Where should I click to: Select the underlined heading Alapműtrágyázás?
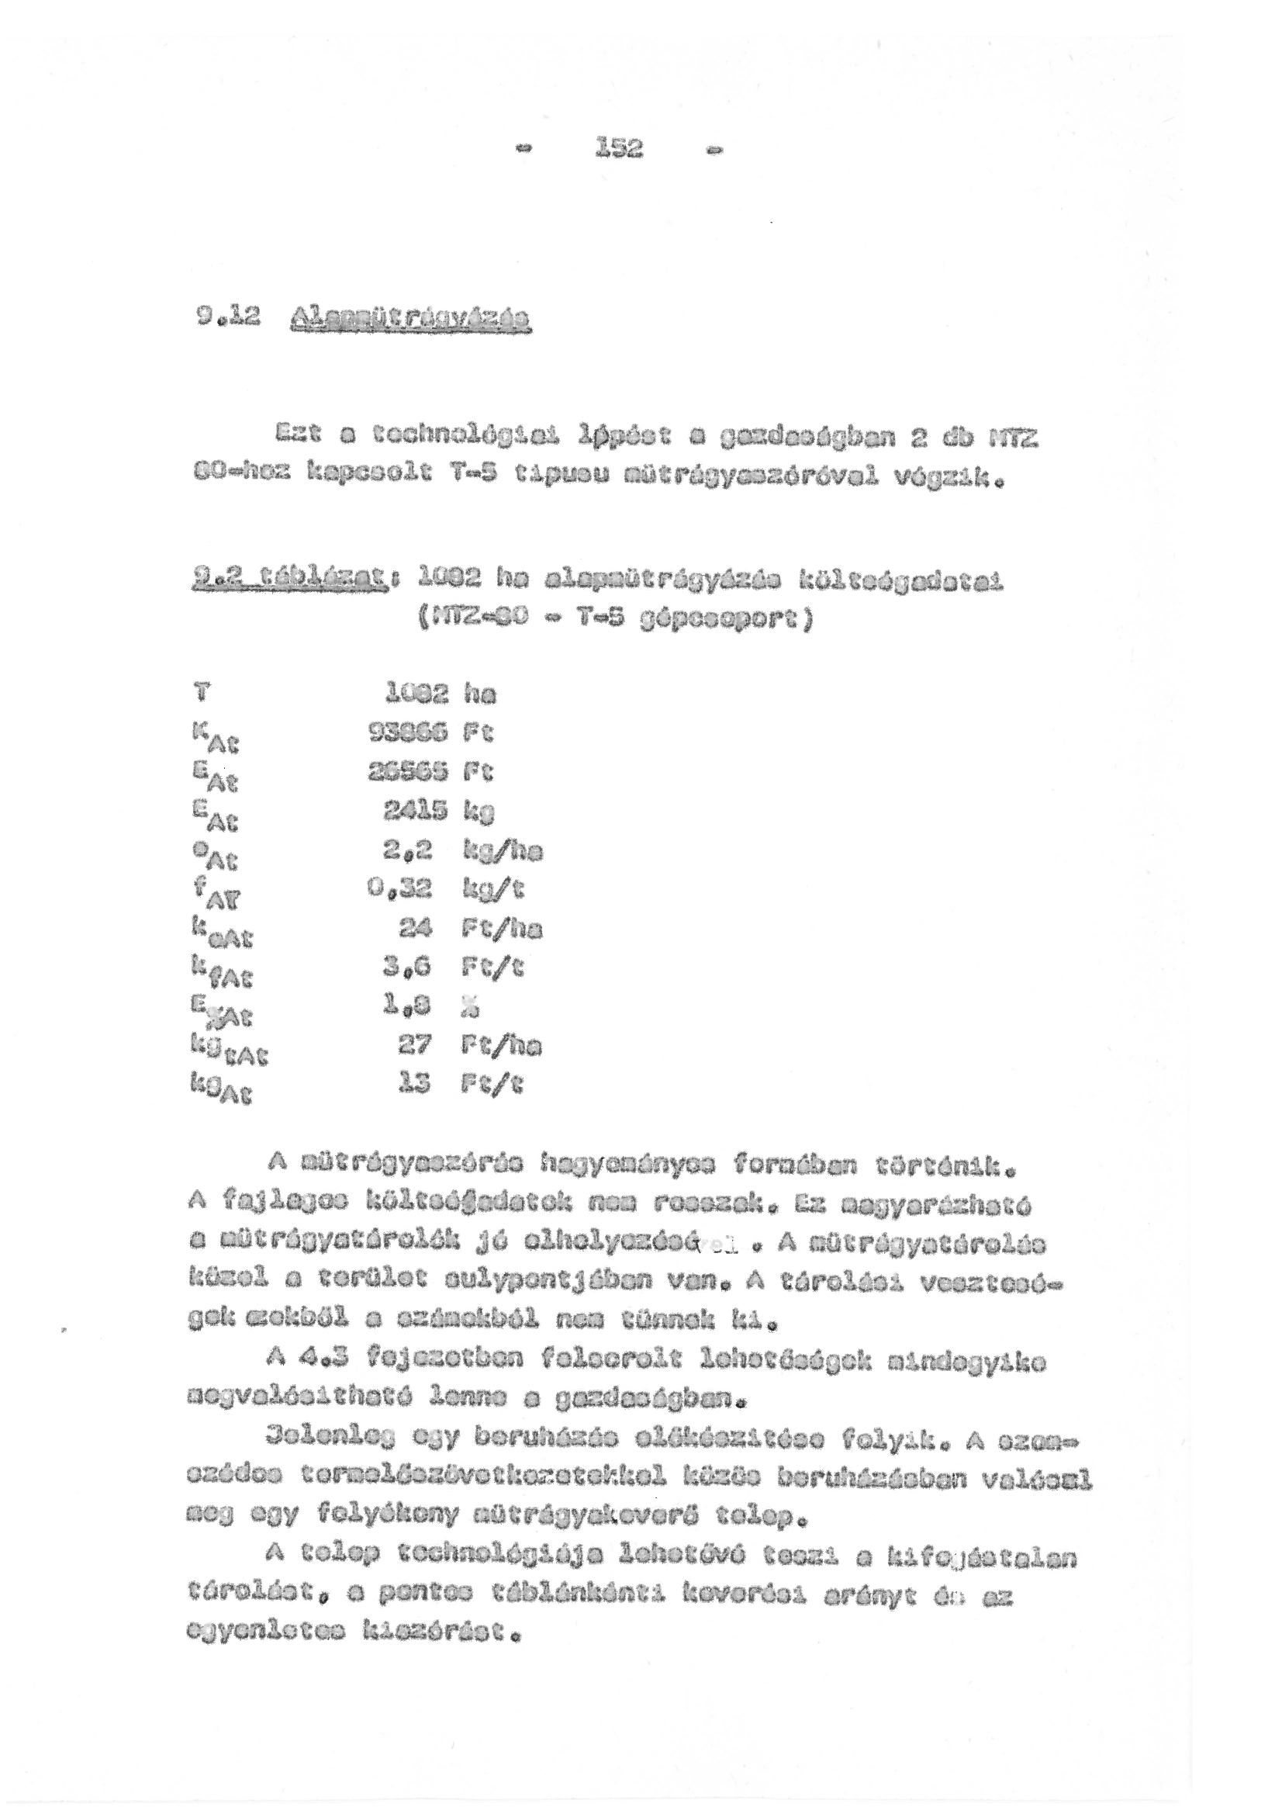tap(411, 320)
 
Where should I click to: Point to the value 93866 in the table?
tap(409, 733)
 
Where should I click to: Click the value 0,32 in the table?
tap(413, 890)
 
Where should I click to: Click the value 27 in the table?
tap(416, 1045)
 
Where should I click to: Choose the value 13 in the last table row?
tap(417, 1084)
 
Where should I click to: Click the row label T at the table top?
tap(202, 694)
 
